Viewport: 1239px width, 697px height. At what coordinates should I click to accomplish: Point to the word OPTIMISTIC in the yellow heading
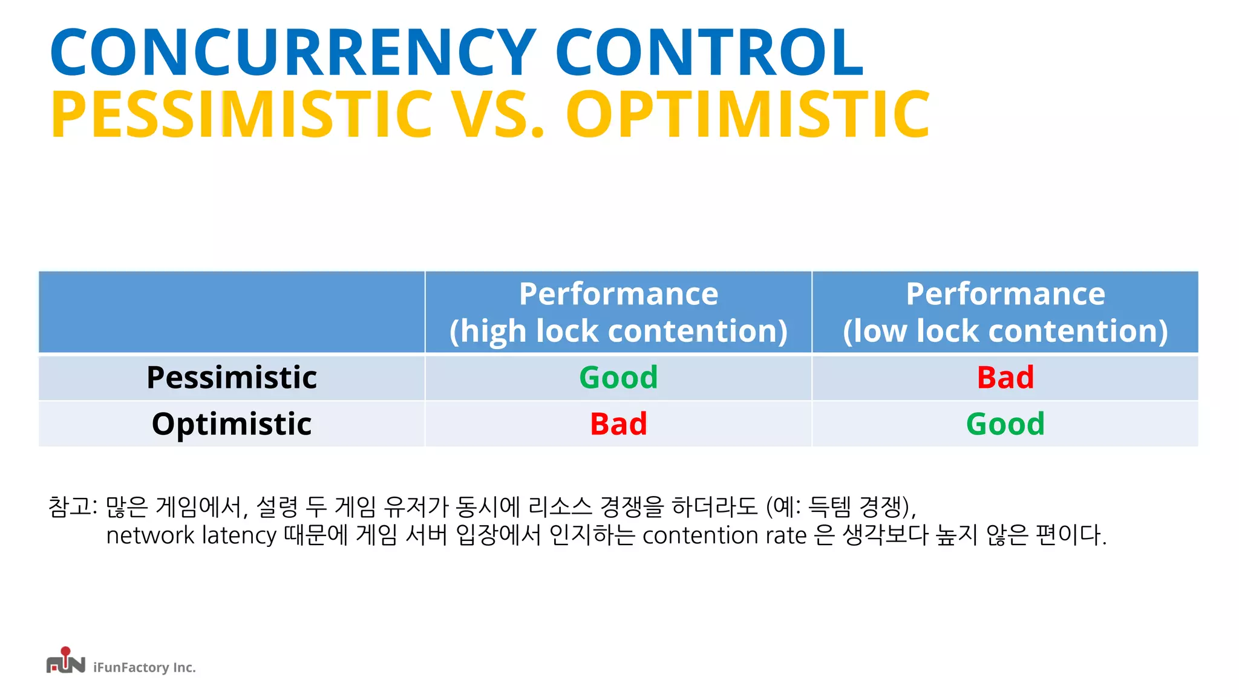click(x=748, y=115)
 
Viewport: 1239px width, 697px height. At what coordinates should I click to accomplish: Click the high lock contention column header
click(x=618, y=312)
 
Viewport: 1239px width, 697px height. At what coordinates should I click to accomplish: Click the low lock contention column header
click(x=1005, y=312)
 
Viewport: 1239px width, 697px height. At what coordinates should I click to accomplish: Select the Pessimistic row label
click(x=232, y=378)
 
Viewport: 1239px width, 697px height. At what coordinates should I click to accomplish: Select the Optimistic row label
click(x=232, y=424)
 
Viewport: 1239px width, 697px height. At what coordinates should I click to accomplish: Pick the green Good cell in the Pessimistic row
click(x=618, y=378)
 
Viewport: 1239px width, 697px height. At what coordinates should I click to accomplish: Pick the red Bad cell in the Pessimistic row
click(x=1005, y=378)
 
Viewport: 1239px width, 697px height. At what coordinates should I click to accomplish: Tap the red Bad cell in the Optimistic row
click(x=618, y=424)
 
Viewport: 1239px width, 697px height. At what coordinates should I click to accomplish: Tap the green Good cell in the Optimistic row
click(x=1005, y=424)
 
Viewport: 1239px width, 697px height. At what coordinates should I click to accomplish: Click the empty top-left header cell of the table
click(x=232, y=312)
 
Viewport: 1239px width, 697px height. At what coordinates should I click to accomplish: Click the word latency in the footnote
click(x=239, y=535)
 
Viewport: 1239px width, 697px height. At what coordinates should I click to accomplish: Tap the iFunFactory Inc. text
click(x=144, y=667)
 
